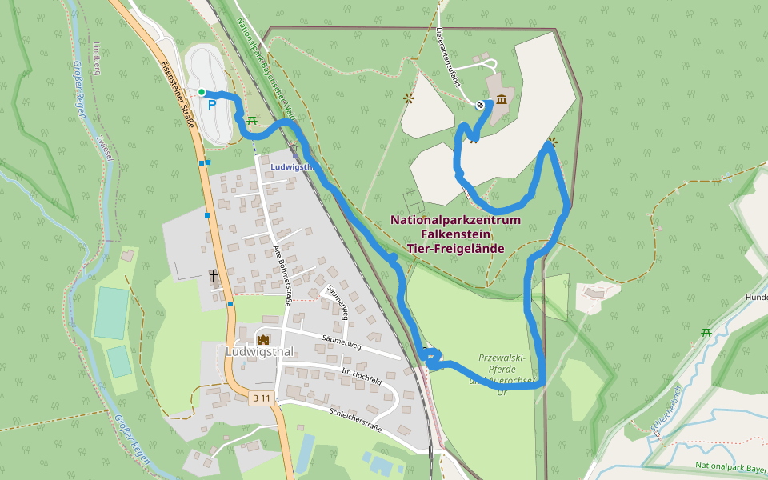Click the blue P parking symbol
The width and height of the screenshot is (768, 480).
212,104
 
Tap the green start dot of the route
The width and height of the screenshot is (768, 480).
202,92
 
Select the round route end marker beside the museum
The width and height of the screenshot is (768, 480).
480,105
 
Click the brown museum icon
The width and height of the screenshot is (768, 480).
502,100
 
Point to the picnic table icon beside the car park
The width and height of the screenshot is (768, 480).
252,120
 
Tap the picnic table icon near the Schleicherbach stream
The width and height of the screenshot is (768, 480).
706,332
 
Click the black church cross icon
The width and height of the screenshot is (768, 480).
214,277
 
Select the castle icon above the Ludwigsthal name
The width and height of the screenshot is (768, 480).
263,338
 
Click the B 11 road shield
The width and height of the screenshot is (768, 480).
261,398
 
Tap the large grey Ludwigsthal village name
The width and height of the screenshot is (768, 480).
261,352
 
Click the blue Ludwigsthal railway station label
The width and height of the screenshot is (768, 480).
290,167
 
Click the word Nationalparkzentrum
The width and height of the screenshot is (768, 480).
455,220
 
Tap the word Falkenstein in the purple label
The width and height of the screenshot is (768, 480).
455,234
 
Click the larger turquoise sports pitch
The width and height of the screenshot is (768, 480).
111,313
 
